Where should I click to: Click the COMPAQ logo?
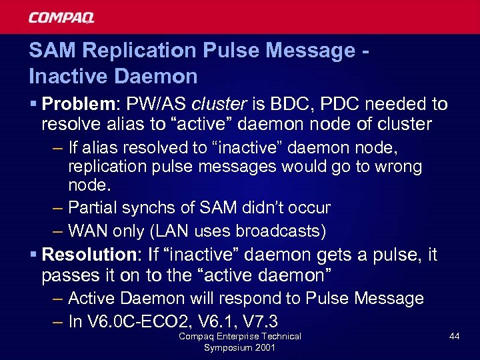[61, 17]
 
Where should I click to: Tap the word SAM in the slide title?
[49, 51]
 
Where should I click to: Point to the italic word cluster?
[215, 104]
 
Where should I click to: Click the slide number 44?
[454, 337]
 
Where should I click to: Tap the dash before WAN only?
[58, 231]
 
